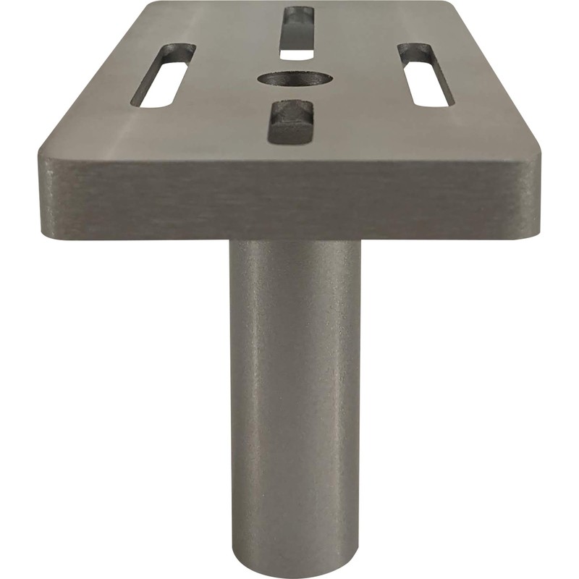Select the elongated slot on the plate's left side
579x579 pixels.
[x=167, y=76]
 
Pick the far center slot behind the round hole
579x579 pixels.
[x=297, y=33]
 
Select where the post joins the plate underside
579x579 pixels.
[x=295, y=242]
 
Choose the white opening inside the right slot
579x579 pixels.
[x=431, y=87]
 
